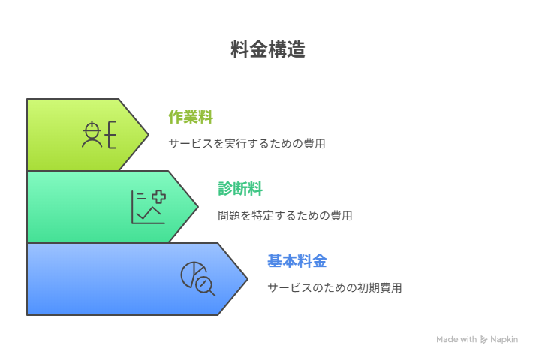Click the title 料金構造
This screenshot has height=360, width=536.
(268, 49)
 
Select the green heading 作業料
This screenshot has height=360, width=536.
(191, 117)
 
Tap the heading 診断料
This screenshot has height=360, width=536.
(240, 189)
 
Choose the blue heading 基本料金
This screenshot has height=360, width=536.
(297, 261)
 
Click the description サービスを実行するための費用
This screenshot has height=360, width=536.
(247, 143)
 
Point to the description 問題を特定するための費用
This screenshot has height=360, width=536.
(285, 215)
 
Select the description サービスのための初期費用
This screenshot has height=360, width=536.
(335, 287)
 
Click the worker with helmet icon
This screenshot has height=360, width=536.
(99, 135)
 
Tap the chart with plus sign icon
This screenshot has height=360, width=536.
(149, 207)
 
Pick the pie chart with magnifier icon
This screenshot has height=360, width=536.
(198, 279)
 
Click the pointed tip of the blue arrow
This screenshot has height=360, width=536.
(248, 279)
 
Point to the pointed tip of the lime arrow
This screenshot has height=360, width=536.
(149, 135)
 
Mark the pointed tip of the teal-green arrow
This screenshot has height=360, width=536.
(198, 207)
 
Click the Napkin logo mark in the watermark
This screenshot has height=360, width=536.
(483, 340)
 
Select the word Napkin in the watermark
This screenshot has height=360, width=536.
(504, 339)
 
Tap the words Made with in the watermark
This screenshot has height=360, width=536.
(456, 339)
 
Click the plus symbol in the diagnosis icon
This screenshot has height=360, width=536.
(158, 196)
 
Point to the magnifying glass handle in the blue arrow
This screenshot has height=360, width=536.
(212, 292)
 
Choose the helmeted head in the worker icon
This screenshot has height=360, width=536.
(92, 130)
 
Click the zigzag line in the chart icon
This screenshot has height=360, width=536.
(149, 213)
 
